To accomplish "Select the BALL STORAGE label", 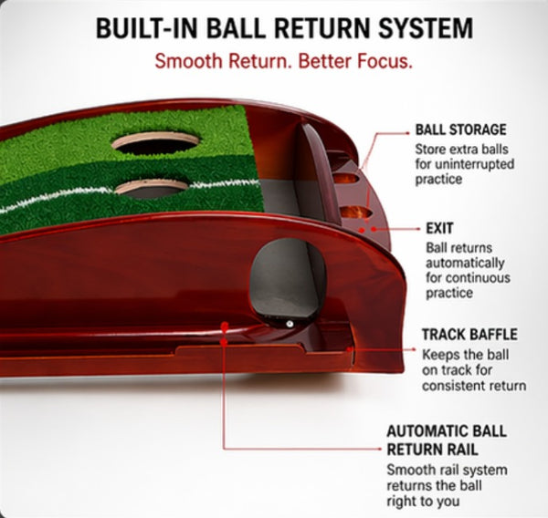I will pyautogui.click(x=460, y=130).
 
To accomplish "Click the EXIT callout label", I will pyautogui.click(x=440, y=228).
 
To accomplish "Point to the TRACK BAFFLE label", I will pyautogui.click(x=469, y=334).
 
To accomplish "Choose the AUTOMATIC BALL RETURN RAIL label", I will pyautogui.click(x=446, y=439).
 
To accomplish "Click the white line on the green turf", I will pyautogui.click(x=55, y=202).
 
